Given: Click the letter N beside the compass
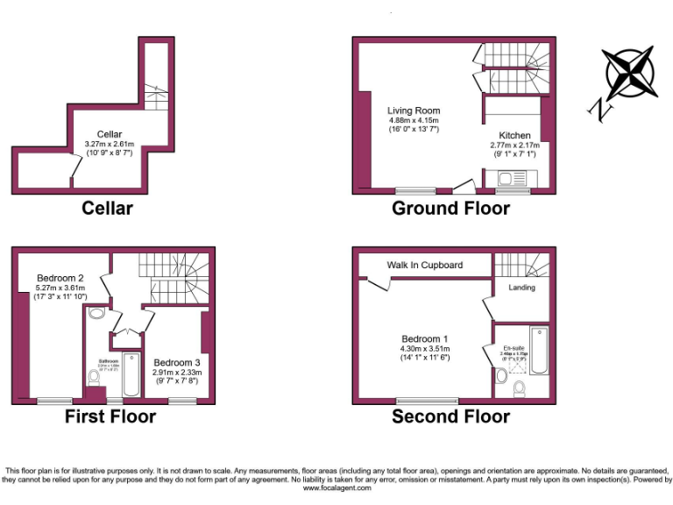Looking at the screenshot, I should [x=600, y=110].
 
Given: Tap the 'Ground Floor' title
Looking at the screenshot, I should [x=450, y=209].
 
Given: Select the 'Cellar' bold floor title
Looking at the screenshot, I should [x=107, y=209].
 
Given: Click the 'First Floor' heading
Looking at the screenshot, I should [x=110, y=416].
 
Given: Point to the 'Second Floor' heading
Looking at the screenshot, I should [x=451, y=416].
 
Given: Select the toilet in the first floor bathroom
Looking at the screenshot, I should [x=94, y=378].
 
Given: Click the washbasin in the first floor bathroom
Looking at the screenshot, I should [x=96, y=312].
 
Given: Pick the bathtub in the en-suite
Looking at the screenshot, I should [x=539, y=351].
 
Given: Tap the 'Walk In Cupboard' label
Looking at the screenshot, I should [x=425, y=265].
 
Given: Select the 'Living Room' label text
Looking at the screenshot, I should [x=414, y=110].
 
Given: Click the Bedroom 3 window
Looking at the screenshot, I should [x=181, y=401].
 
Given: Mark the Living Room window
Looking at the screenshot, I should [x=408, y=191].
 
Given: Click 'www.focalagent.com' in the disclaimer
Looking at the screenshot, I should [x=337, y=488].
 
